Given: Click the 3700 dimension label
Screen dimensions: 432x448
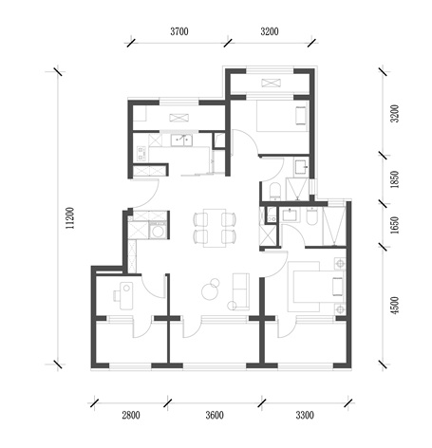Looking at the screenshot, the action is pyautogui.click(x=179, y=31).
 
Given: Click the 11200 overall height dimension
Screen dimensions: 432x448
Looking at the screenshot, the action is pyautogui.click(x=69, y=218).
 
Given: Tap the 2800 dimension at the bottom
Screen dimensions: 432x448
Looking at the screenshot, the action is pyautogui.click(x=131, y=415).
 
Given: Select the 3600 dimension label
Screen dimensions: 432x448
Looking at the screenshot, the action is pyautogui.click(x=215, y=415).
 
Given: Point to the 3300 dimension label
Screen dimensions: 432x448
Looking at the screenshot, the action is pyautogui.click(x=305, y=415).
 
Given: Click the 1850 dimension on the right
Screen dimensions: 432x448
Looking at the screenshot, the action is pyautogui.click(x=395, y=179).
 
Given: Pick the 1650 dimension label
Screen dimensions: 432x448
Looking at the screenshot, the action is pyautogui.click(x=395, y=225).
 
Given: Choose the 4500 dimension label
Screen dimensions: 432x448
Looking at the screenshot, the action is pyautogui.click(x=395, y=306).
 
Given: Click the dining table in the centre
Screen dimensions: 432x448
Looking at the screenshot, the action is pyautogui.click(x=215, y=228).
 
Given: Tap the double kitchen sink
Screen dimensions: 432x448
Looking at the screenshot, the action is pyautogui.click(x=181, y=140).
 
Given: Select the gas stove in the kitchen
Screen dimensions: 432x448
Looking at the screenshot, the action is pyautogui.click(x=141, y=153).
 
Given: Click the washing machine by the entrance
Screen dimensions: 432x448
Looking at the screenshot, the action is pyautogui.click(x=158, y=231).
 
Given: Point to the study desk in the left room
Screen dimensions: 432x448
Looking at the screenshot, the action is pyautogui.click(x=126, y=295).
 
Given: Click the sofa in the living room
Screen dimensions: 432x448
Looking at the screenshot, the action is pyautogui.click(x=241, y=291).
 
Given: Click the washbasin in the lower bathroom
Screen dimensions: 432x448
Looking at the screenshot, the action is pyautogui.click(x=290, y=215).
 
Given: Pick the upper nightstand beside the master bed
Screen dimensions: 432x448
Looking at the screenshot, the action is pyautogui.click(x=340, y=263).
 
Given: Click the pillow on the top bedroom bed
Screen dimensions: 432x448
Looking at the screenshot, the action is pyautogui.click(x=301, y=116).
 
